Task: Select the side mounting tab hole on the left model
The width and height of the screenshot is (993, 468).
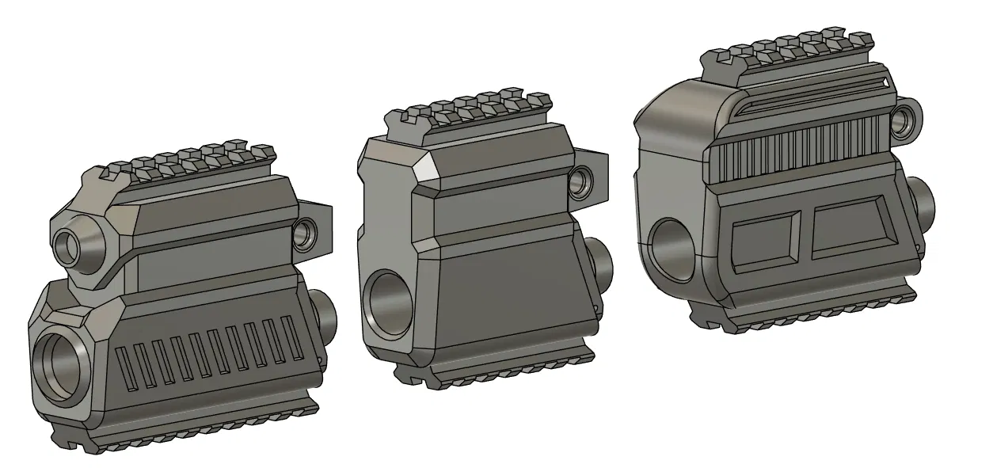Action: pyautogui.click(x=304, y=234)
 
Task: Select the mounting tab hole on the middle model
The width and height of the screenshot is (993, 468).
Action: pyautogui.click(x=581, y=180)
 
